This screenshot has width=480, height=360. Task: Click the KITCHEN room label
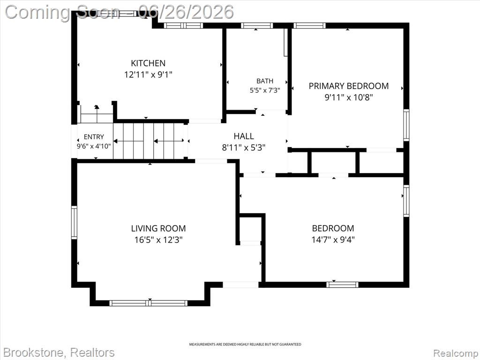(148, 63)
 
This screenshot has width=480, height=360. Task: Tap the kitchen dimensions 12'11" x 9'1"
(148, 75)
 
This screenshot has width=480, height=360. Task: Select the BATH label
(265, 81)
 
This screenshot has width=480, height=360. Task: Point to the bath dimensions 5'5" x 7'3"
(265, 90)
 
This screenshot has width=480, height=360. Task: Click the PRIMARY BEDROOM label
(349, 86)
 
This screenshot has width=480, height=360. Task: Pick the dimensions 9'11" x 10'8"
(349, 97)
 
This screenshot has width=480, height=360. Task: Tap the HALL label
(244, 136)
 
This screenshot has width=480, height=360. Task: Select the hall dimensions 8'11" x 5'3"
(244, 148)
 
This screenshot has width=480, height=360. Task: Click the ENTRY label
(94, 137)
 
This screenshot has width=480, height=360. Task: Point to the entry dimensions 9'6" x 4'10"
(94, 146)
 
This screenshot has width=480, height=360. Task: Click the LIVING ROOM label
(158, 228)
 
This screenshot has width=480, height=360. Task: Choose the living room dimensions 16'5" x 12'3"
(158, 240)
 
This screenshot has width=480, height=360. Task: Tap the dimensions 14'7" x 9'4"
(333, 240)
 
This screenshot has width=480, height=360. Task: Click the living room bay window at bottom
(149, 303)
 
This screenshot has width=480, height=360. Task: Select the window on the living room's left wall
(74, 222)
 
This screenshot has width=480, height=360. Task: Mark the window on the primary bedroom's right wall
(406, 125)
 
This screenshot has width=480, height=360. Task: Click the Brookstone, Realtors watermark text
(60, 352)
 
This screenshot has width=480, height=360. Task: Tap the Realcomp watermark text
(456, 353)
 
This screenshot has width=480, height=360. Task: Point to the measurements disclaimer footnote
(245, 345)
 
